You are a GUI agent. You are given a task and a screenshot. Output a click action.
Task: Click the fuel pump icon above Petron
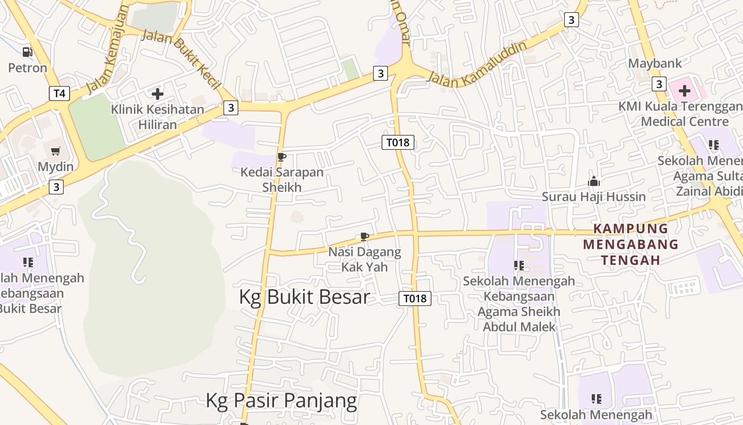(27, 52)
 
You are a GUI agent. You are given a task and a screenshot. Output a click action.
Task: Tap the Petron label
(28, 68)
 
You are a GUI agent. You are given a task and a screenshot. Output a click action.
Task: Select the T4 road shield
(59, 93)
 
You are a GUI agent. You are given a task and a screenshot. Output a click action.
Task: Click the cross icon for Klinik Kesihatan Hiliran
(158, 94)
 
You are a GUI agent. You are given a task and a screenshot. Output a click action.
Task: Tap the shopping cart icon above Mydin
(56, 151)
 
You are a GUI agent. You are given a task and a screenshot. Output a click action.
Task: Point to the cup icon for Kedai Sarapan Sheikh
(282, 157)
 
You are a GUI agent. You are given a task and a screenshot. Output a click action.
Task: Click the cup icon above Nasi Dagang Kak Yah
(364, 236)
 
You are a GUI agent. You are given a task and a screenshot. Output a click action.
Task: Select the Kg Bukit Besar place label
(304, 297)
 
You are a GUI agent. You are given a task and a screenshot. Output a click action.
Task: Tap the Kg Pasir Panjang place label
(281, 400)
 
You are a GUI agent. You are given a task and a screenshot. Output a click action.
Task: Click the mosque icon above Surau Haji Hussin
(593, 182)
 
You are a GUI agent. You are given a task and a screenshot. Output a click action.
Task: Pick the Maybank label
(654, 63)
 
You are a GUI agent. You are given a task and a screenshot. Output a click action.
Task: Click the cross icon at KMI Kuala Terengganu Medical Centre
(685, 91)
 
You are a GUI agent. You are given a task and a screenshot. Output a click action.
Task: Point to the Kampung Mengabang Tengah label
(630, 244)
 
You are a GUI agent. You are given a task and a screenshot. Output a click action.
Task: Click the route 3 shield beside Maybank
(659, 84)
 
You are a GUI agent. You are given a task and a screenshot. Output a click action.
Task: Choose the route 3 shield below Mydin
(56, 187)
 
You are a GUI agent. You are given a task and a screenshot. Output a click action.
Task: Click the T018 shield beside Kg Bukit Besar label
(414, 299)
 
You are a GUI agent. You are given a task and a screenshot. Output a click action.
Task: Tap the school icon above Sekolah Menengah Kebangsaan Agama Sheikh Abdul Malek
(519, 265)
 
